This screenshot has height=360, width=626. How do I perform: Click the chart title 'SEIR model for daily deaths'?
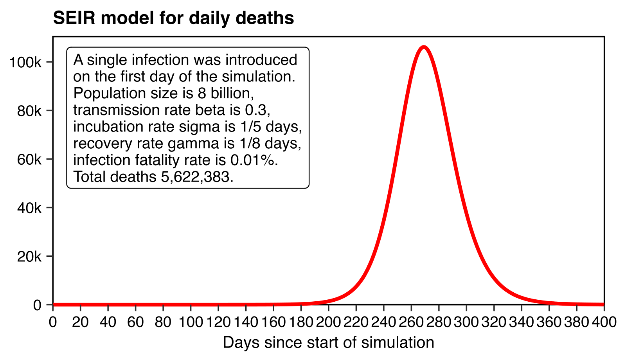click(173, 18)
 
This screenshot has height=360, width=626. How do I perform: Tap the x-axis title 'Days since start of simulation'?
click(328, 343)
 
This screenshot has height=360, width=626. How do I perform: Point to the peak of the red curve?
click(424, 47)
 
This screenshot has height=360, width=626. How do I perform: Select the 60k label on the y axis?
click(29, 159)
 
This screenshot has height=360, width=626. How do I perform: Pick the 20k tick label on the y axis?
click(29, 256)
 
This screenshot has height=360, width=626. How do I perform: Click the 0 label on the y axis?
click(37, 305)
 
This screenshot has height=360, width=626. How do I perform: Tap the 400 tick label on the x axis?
click(604, 322)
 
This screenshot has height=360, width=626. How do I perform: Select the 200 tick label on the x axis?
click(328, 322)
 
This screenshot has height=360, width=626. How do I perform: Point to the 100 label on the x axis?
click(191, 322)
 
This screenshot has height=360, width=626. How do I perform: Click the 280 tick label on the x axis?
click(439, 322)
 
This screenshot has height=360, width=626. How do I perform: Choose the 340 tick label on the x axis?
click(521, 322)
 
